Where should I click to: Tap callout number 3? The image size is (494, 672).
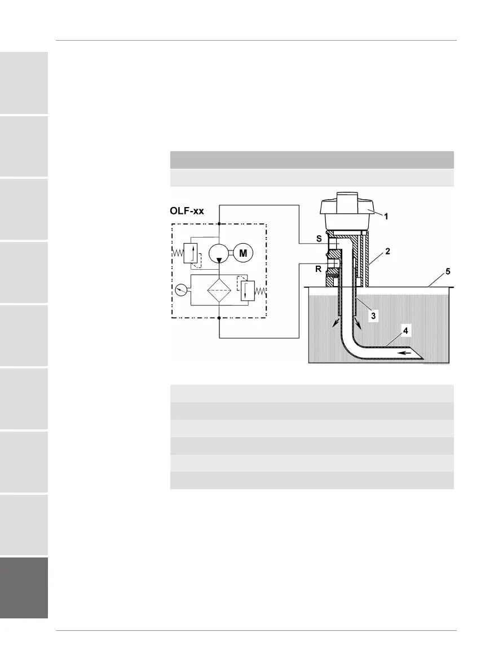[x=373, y=316]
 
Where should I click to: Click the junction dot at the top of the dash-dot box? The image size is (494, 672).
[x=218, y=223]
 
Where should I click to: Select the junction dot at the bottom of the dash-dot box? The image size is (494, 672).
[x=218, y=318]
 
